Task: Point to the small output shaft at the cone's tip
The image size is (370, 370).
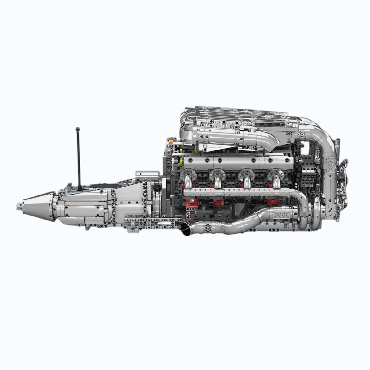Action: click(x=20, y=204)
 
